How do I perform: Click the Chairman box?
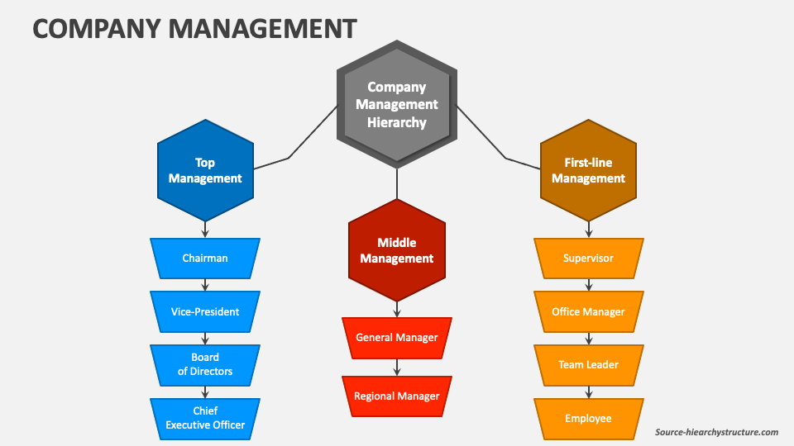point(205,259)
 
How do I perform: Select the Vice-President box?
point(205,311)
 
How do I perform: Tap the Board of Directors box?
point(205,364)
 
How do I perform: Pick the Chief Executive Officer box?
point(205,418)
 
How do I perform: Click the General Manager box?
point(397,338)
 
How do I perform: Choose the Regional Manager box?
point(397,396)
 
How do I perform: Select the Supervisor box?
point(588,259)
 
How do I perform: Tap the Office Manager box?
point(588,311)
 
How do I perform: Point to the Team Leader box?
point(588,364)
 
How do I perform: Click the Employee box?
point(588,418)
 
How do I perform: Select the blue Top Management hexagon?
point(205,170)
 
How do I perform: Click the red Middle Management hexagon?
point(397,250)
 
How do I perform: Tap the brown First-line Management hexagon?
point(588,170)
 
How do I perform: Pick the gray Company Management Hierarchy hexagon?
point(397,104)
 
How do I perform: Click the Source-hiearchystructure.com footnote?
point(716,432)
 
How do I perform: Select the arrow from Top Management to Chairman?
point(205,230)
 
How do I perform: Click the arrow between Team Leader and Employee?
point(588,391)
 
